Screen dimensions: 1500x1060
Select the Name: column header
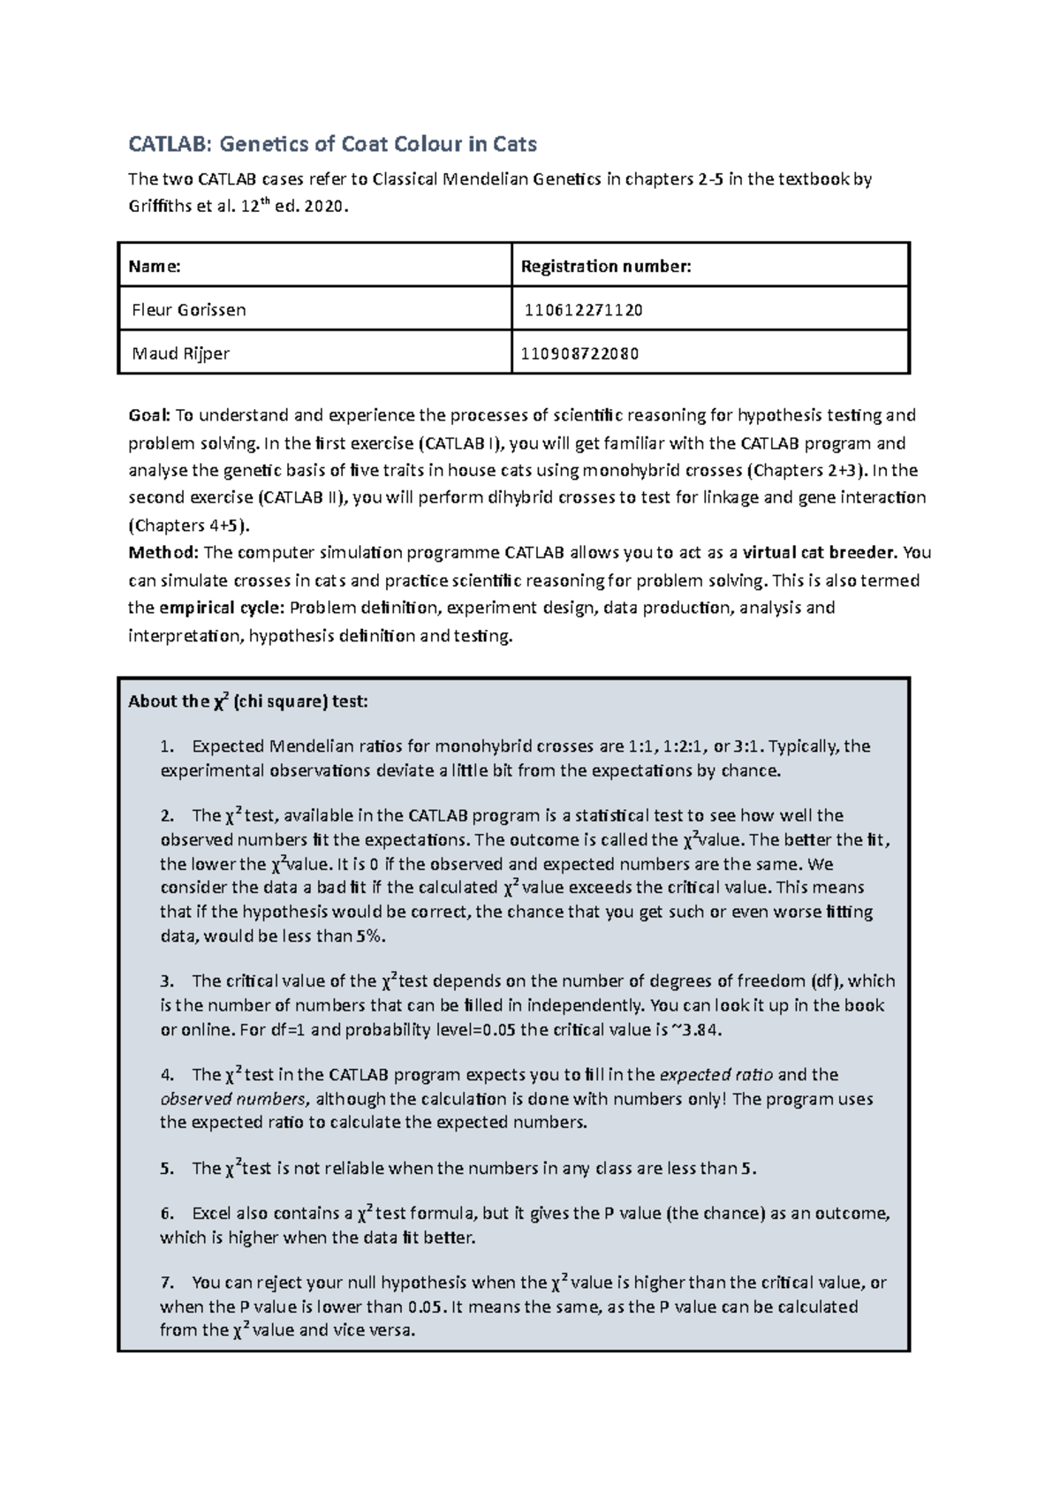155,266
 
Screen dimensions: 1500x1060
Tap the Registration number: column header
606,266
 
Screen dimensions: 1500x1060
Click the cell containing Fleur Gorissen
188,310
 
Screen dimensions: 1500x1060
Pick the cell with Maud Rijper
180,353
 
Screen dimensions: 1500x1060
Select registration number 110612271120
583,310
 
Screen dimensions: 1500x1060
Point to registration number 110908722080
579,354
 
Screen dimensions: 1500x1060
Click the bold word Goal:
148,415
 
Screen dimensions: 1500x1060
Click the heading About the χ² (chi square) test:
247,701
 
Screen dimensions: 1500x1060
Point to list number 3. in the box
167,981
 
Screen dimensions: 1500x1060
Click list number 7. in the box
167,1283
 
